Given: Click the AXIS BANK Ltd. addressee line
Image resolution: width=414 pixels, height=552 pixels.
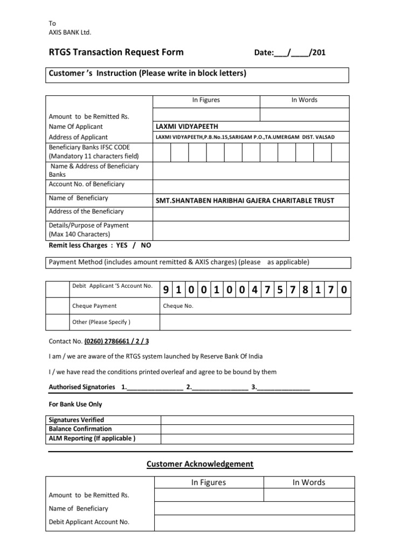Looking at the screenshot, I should click(70, 32).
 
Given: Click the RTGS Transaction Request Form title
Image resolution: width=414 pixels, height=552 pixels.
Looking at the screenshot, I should click(116, 52).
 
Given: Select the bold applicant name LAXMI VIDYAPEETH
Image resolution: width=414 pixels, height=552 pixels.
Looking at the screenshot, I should click(187, 126).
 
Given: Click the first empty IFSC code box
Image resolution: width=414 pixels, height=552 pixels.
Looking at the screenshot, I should click(162, 153).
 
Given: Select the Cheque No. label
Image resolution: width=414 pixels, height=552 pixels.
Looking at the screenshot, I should click(178, 306).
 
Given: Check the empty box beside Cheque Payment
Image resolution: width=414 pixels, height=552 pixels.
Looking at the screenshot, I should click(57, 306).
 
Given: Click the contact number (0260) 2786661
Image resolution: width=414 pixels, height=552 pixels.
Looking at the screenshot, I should click(116, 341).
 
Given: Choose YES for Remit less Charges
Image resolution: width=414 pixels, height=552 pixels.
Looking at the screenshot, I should click(122, 245).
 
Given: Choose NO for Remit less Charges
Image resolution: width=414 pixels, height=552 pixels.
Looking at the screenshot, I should click(146, 245).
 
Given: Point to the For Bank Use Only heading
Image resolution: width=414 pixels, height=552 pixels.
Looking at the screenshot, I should click(75, 404).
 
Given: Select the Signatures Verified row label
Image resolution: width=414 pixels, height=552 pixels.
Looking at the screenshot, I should click(76, 420).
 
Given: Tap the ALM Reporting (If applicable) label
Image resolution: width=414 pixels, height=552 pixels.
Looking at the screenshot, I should click(92, 438).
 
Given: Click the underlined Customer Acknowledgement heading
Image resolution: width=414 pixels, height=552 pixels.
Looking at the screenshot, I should click(200, 464).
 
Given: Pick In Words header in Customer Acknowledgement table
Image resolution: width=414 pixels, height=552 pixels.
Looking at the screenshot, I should click(309, 482).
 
